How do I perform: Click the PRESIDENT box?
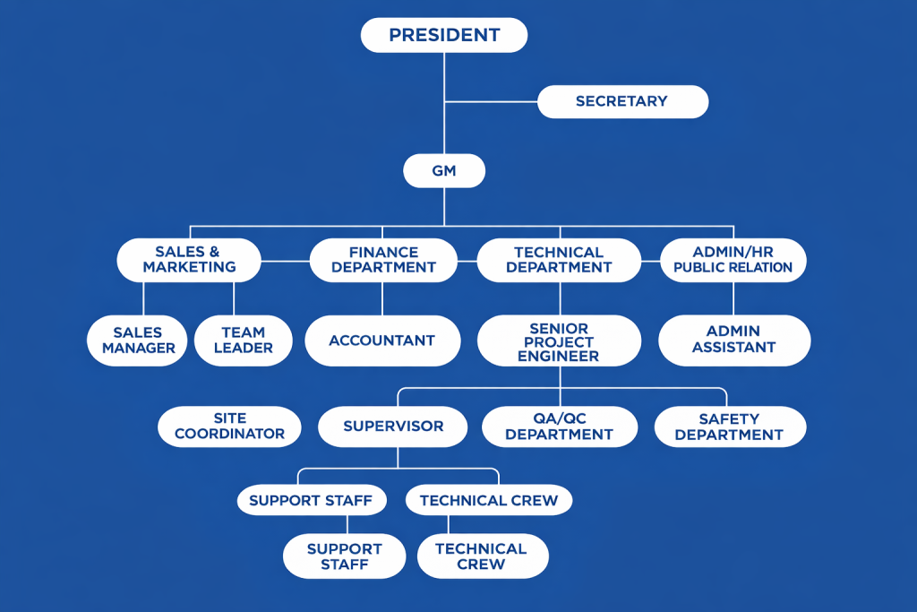pos(443,36)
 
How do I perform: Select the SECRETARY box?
pos(622,101)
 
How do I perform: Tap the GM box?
pos(444,170)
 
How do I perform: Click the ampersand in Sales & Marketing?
pos(213,252)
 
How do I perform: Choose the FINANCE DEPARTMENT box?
pos(383,260)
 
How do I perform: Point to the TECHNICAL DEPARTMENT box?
pos(559,260)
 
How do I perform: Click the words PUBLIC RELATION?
pos(733,268)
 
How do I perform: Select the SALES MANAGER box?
pos(138,340)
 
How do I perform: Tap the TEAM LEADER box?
pos(243,340)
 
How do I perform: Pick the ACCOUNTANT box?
pos(381,340)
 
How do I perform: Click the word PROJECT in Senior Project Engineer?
pos(559,341)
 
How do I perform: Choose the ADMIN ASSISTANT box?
pos(733,340)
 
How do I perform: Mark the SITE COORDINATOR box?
pos(229,427)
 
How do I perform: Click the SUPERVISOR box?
pos(393,427)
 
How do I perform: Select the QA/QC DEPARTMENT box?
pos(559,427)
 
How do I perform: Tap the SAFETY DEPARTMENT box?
pos(729,427)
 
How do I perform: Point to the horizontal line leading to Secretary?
pos(491,101)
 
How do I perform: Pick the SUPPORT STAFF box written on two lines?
pos(344,556)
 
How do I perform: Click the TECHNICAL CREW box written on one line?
pos(488,500)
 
